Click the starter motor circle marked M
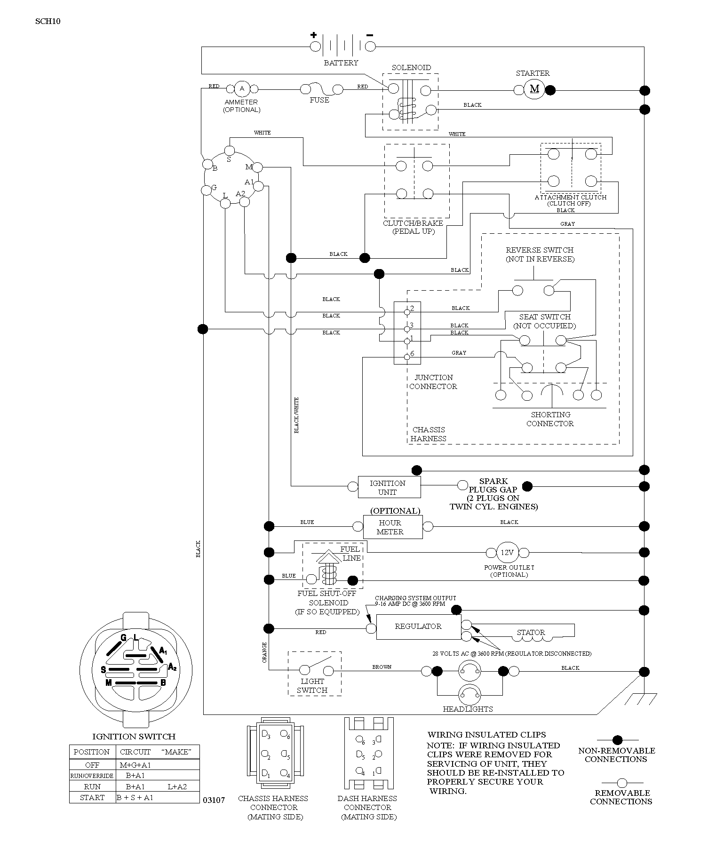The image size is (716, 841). coord(534,89)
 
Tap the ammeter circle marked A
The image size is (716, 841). coord(242,89)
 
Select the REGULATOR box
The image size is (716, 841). coord(418,627)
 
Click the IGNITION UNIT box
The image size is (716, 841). coord(389,487)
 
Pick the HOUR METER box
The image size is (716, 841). coord(392,527)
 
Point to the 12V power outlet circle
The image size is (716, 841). coord(507,552)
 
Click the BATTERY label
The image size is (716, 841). coord(341,63)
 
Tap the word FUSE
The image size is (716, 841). coord(319,100)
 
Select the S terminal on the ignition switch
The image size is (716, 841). coord(230,151)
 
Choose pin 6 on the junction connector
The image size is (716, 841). coord(407,357)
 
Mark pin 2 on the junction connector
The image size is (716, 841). coord(407,311)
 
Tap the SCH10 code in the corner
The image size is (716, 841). coord(48,21)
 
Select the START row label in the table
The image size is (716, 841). coord(92,797)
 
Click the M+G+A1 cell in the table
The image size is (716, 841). coord(135,765)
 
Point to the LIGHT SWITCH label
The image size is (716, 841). coord(312,685)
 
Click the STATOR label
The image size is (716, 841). coord(531,632)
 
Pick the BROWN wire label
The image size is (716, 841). coord(382,667)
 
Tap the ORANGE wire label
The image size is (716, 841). coord(264,652)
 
